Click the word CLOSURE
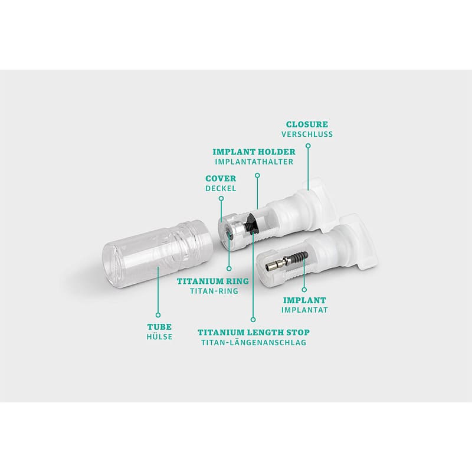coord(307,124)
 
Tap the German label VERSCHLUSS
coord(307,135)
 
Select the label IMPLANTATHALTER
coord(254,162)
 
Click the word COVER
coord(221,179)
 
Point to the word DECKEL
coord(221,188)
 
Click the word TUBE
coord(159,327)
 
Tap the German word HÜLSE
coord(159,336)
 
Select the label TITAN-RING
coord(214,291)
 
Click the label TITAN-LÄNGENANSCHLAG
coord(254,342)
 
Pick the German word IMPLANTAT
coord(304,310)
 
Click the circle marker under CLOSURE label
coord(308,146)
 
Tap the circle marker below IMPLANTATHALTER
coord(257,175)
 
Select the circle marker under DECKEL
coord(221,198)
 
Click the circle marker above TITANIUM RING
coord(229,268)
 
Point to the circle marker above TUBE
coord(158,315)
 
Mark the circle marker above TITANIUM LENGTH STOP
coord(253,320)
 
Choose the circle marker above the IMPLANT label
coord(304,290)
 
